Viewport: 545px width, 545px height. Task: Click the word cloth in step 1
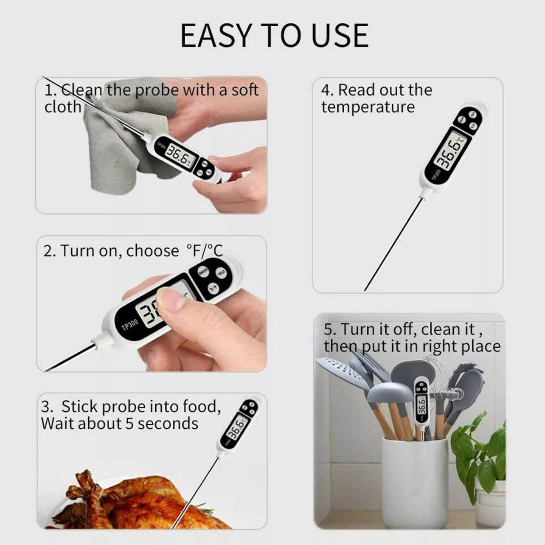(x=63, y=107)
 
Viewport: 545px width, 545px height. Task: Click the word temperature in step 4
(x=368, y=107)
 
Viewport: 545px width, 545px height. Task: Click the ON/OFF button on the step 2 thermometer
(x=203, y=271)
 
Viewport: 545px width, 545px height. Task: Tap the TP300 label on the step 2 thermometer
(x=129, y=324)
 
